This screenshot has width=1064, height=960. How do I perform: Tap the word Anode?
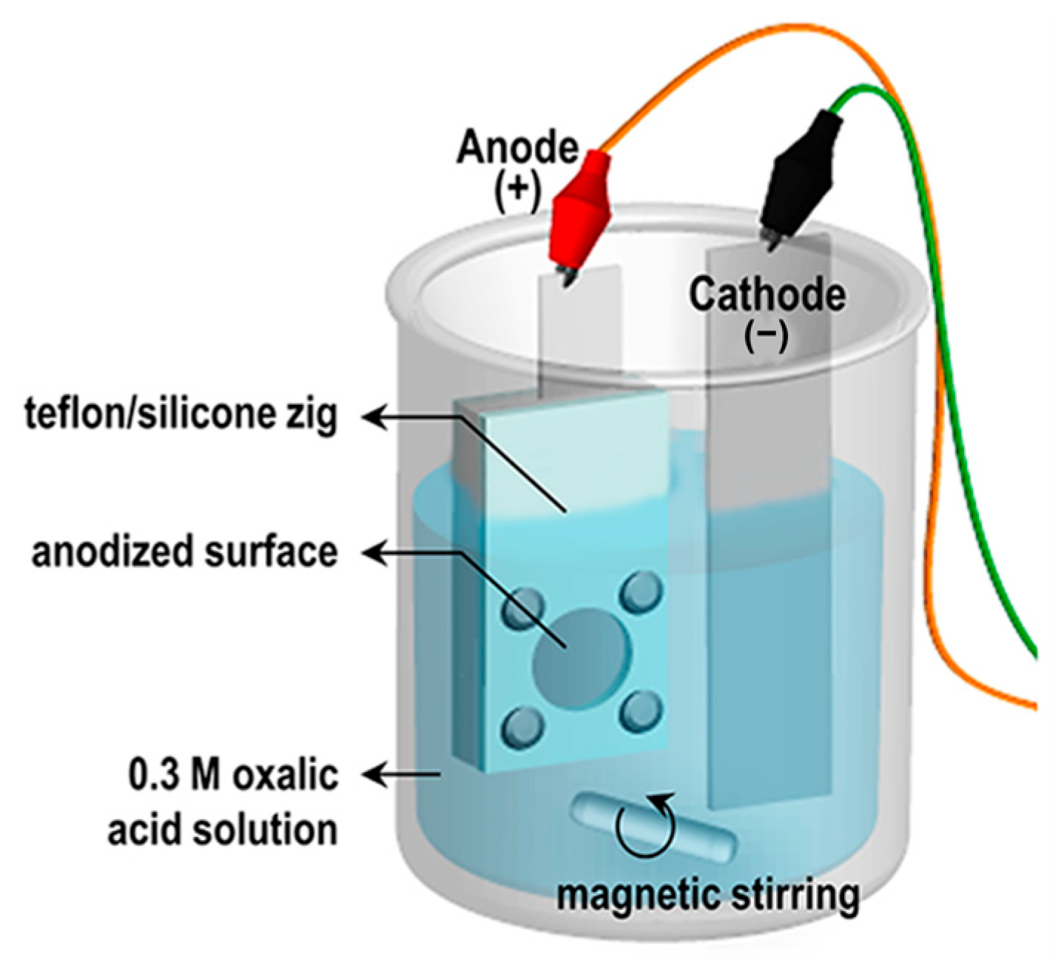(x=517, y=147)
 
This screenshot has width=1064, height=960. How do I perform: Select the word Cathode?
(x=767, y=295)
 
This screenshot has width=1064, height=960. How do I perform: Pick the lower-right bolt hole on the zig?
(x=641, y=711)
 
